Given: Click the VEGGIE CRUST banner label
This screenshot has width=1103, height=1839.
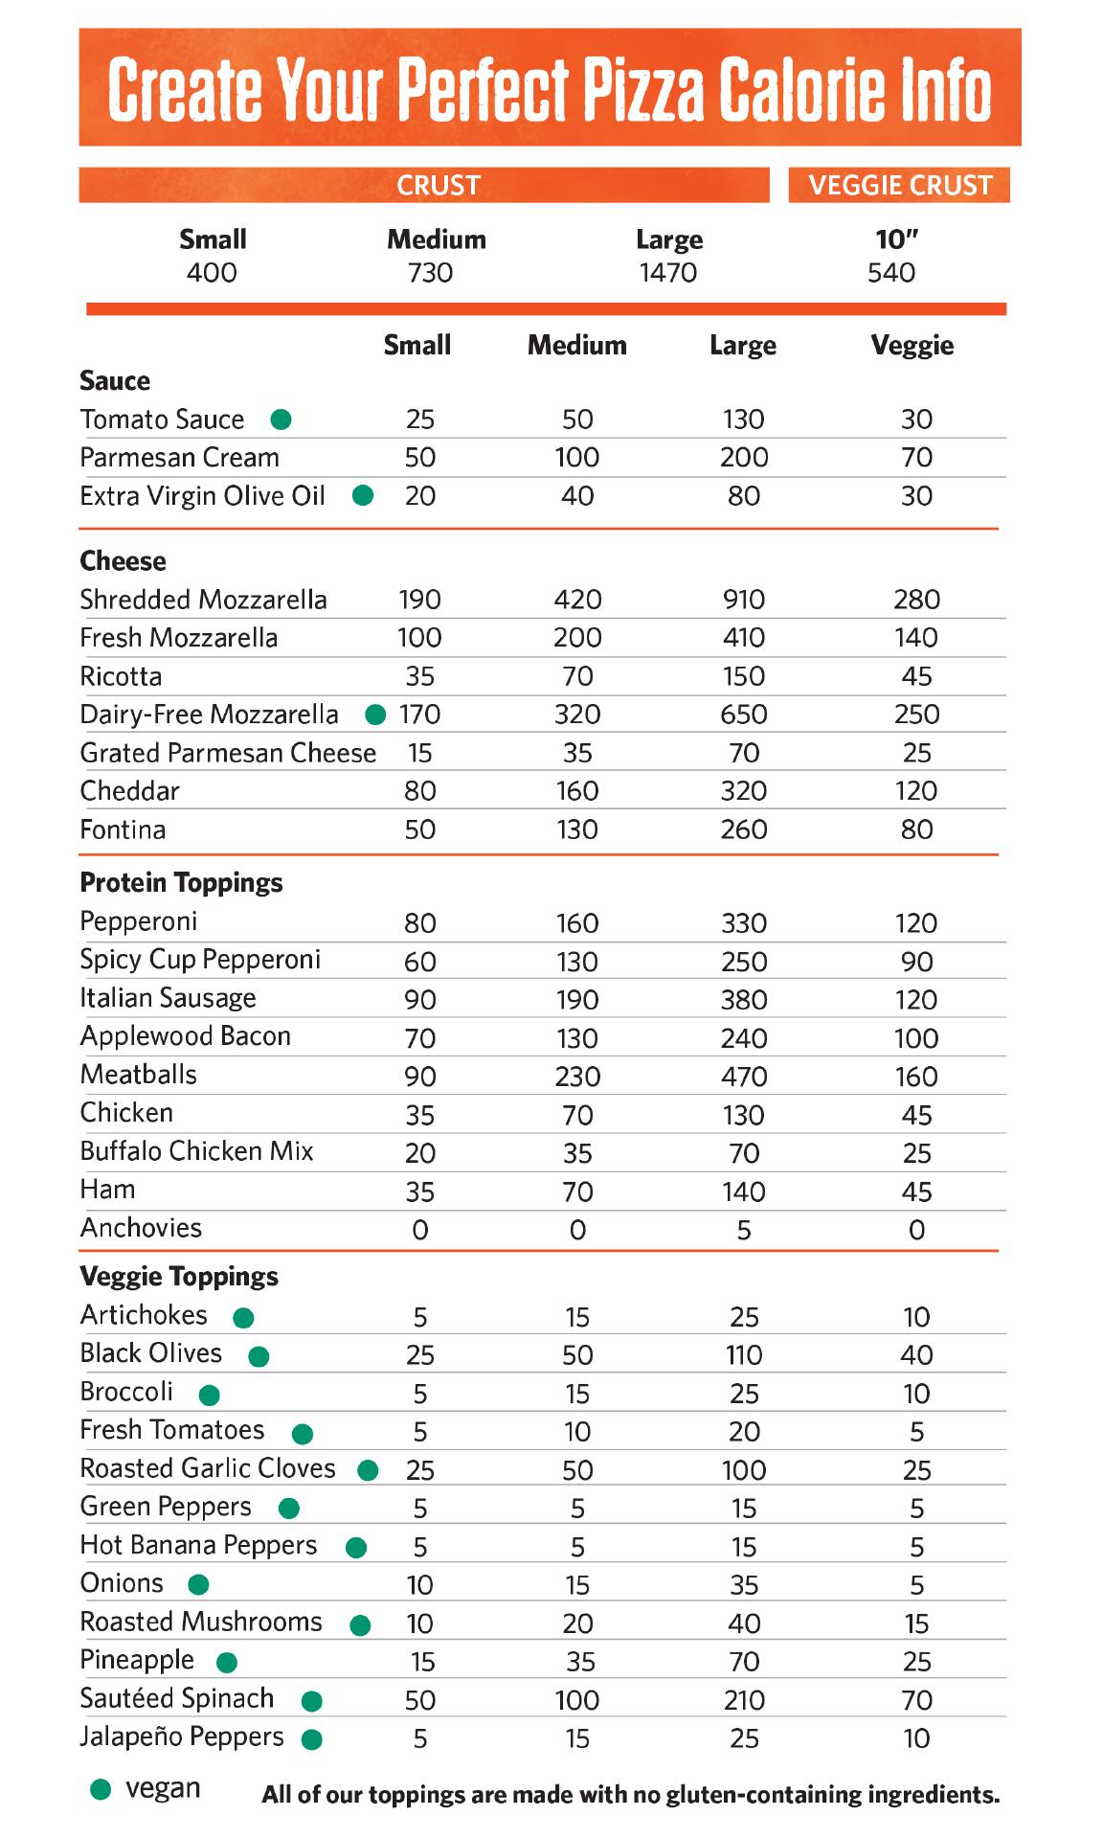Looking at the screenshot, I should click(900, 185).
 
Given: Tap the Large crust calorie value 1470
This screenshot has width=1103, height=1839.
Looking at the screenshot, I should click(668, 273).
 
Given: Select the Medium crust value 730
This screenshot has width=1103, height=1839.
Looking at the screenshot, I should click(430, 273).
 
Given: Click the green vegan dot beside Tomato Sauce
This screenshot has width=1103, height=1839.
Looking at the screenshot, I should click(281, 419).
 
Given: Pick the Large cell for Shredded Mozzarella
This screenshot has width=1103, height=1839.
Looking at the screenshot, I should click(744, 600).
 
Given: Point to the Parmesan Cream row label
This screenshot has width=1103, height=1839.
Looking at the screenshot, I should click(180, 458).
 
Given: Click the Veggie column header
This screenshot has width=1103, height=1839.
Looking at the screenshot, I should click(912, 345).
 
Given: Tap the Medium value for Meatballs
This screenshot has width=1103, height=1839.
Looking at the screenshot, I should click(577, 1077).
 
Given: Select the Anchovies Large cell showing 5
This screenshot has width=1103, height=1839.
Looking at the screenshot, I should click(744, 1230).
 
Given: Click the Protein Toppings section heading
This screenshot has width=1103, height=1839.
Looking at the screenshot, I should click(181, 882).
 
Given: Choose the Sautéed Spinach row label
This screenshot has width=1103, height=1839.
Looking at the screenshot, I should click(177, 1698).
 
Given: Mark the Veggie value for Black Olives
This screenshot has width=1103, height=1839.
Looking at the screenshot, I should click(916, 1355).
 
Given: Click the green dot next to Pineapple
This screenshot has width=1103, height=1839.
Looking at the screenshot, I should click(227, 1662).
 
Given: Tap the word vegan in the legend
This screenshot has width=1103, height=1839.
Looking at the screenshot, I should click(163, 1788).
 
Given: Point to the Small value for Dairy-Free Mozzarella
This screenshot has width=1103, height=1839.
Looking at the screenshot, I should click(420, 715).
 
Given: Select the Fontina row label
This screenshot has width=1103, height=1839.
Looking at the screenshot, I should click(123, 829).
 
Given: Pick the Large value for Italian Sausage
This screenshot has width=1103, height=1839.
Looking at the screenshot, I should click(744, 1000).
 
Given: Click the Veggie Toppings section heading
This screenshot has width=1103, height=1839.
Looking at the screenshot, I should click(179, 1276).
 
